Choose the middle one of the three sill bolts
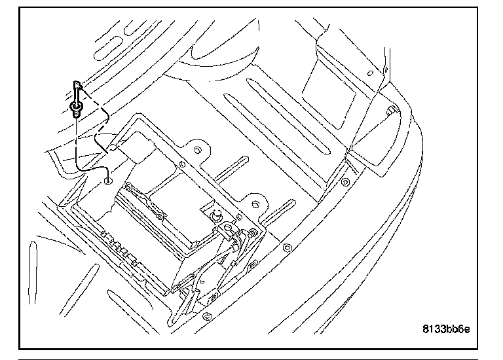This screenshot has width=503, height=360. (x=286, y=248)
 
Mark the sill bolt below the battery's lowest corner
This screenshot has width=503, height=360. (x=207, y=316)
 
